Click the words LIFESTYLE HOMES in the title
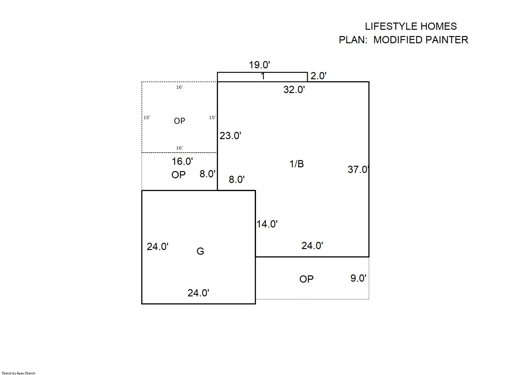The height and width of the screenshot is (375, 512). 411,27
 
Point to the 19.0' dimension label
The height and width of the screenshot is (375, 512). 259,65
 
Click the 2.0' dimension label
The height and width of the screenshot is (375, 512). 318,76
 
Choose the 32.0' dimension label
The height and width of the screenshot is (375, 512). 294,90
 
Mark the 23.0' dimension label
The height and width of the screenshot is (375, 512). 230,136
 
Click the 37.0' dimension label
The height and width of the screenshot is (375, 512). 358,169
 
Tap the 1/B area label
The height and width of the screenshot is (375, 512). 297,164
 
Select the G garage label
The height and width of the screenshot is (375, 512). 200,251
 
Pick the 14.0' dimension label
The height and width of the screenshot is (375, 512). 267,224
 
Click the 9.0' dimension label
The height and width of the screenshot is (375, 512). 358,278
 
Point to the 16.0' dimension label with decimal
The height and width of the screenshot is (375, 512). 182,161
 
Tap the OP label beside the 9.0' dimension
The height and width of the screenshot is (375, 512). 306,279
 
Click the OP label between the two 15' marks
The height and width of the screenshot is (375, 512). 179,121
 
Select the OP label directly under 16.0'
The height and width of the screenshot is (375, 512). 179,175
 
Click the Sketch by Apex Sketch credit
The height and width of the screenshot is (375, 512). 19,373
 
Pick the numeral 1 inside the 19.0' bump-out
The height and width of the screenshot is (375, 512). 263,76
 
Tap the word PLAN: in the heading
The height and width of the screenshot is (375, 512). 353,40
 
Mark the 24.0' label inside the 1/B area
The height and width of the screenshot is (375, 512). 312,246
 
